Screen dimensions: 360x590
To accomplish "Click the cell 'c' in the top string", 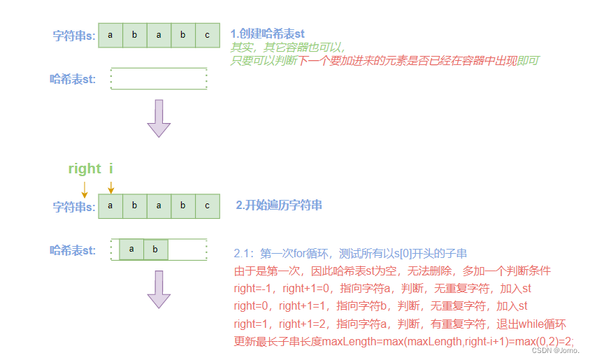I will tap(207, 35).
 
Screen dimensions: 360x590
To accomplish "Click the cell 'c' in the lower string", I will tap(207, 206).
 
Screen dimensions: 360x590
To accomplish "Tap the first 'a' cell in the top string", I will tap(110, 35).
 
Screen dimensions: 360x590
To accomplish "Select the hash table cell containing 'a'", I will tap(131, 250).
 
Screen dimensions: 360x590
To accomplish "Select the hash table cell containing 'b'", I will tap(156, 250).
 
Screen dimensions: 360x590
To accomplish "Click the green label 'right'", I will tap(85, 168).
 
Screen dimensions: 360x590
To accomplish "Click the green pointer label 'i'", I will tap(110, 168).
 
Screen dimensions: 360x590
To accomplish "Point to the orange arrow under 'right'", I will tap(85, 188).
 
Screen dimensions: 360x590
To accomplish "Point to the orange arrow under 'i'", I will tap(110, 187).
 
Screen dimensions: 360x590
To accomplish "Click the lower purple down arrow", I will tap(159, 289).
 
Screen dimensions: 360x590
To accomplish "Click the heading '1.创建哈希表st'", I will tap(267, 34).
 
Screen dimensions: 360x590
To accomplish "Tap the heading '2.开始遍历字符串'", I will tap(278, 206).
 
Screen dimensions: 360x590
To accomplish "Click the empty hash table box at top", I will tap(159, 78).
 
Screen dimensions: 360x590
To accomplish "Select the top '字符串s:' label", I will tap(74, 36).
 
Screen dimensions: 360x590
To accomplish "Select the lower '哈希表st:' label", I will tap(73, 250).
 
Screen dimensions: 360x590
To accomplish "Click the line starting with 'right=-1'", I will tap(382, 288).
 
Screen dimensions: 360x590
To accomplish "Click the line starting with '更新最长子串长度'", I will tap(404, 341).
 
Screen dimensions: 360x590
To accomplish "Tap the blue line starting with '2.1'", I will tap(350, 253).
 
